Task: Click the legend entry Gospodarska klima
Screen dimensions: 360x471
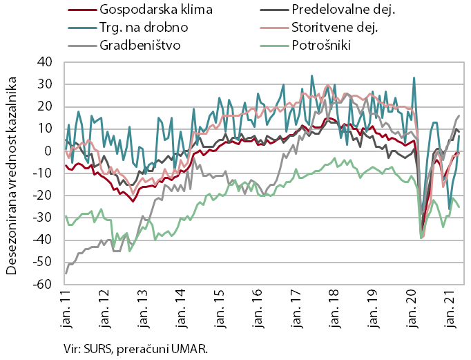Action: pos(146,11)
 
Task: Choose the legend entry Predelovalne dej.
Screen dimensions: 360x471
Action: pos(336,11)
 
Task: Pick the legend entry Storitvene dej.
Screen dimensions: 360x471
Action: pos(333,28)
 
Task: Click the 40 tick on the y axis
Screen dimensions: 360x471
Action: pos(45,62)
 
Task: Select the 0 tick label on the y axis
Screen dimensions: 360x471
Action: pos(48,151)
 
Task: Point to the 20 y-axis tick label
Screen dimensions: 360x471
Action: pos(45,106)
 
